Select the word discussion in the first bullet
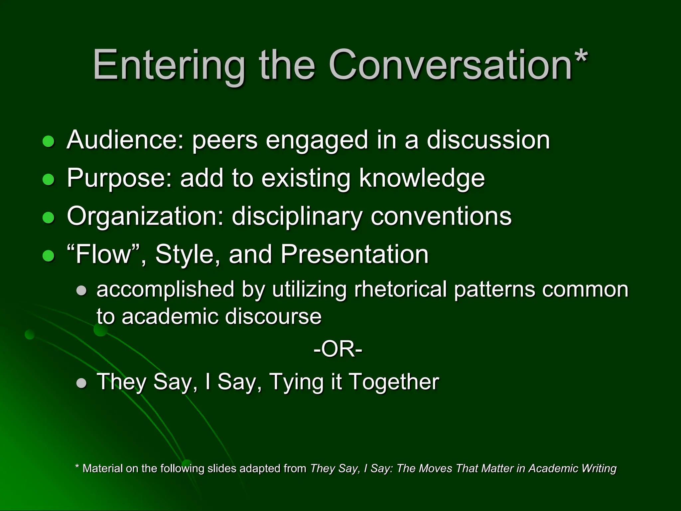pyautogui.click(x=488, y=140)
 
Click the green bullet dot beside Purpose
pyautogui.click(x=49, y=180)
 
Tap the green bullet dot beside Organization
pyautogui.click(x=49, y=218)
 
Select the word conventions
pyautogui.click(x=441, y=217)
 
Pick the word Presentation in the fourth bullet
pyautogui.click(x=354, y=255)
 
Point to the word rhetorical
pyautogui.click(x=400, y=289)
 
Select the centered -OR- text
pyautogui.click(x=338, y=349)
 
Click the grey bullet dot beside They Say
pyautogui.click(x=81, y=383)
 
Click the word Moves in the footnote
pyautogui.click(x=436, y=468)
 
